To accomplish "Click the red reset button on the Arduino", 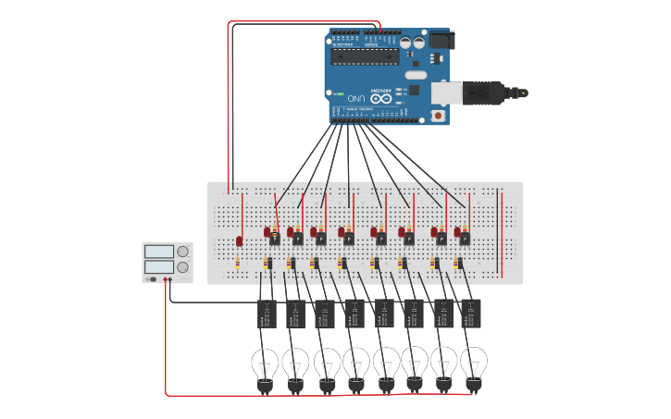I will click(x=439, y=117).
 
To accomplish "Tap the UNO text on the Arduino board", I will click(x=355, y=98).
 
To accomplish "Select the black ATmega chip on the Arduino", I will click(x=366, y=55).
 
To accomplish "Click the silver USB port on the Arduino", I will click(x=448, y=92).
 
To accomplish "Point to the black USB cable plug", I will click(x=486, y=92).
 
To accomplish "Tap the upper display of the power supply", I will click(x=158, y=252).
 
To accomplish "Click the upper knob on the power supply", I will click(x=182, y=252).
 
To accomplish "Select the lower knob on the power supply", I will click(x=182, y=267).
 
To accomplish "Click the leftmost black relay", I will click(x=267, y=314).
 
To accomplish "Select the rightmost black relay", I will click(x=471, y=314).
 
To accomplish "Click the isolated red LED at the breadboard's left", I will click(x=239, y=241).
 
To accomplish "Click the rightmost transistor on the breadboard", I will click(x=464, y=239).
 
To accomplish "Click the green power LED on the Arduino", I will click(x=341, y=94).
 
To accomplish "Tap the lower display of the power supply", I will click(x=158, y=267).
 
